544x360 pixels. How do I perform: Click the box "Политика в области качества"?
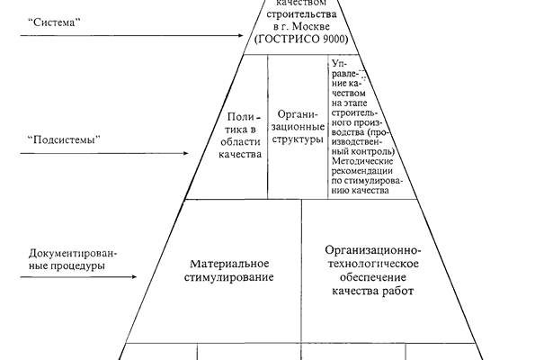tap(243, 136)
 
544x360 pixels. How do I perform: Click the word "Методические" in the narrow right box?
tap(360, 163)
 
